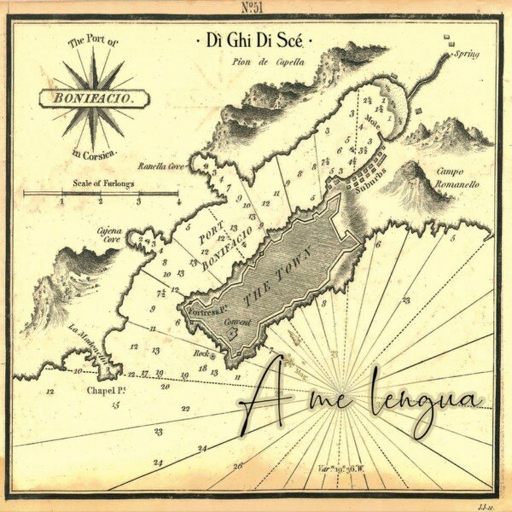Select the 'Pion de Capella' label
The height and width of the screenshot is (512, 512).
coord(268,62)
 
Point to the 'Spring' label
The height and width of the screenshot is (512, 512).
coord(467,55)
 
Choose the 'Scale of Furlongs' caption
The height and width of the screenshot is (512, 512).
coord(104,184)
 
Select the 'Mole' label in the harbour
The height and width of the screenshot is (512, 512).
coord(372,117)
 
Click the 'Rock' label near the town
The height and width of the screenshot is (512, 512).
coord(200,353)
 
